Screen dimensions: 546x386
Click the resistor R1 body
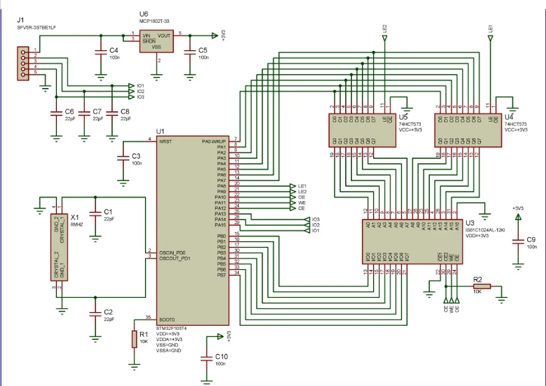[x=134, y=339]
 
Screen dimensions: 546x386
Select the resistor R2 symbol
[x=477, y=288]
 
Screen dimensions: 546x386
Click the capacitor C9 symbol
[x=518, y=242]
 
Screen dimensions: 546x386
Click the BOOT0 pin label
[x=167, y=319]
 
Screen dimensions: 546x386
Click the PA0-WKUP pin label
[x=214, y=141]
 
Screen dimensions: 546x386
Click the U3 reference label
[x=469, y=223]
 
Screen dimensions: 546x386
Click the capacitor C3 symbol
[x=121, y=159]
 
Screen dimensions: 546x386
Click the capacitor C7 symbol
[x=84, y=114]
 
